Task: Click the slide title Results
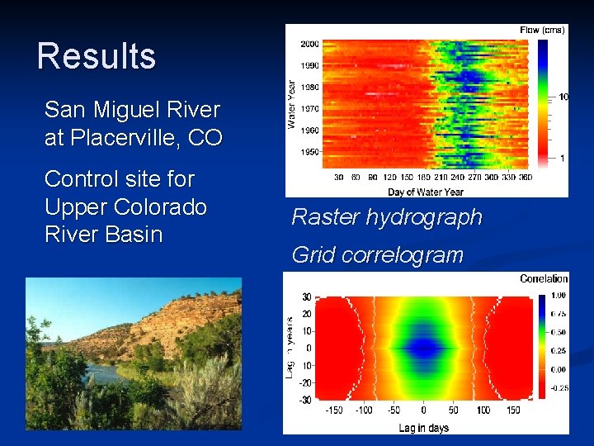point(97,56)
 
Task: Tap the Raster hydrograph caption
point(386,217)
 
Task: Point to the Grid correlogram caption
point(377,255)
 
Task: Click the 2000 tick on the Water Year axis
point(309,44)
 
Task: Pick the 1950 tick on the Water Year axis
point(309,153)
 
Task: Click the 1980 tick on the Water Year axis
point(309,88)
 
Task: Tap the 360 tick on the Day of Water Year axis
point(525,178)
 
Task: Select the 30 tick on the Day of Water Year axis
point(338,178)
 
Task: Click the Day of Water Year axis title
point(426,192)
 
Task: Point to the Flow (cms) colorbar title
point(542,30)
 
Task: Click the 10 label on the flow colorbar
point(563,97)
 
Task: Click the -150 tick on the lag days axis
point(333,410)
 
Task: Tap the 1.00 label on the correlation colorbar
point(558,295)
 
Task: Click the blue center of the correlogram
point(424,348)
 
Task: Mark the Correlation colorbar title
point(544,279)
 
